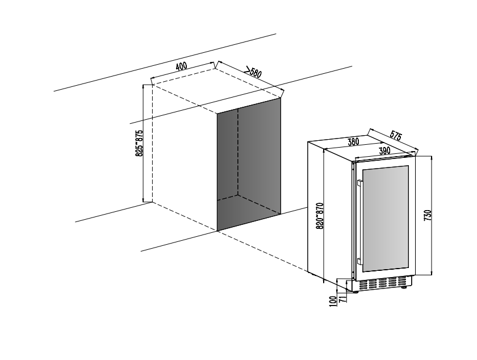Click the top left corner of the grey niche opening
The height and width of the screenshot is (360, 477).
click(217, 114)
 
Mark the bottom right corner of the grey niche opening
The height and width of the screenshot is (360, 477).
click(280, 214)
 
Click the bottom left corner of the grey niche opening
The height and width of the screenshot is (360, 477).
click(217, 231)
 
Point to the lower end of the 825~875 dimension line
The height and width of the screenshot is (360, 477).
click(143, 201)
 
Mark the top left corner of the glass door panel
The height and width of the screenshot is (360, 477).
click(363, 169)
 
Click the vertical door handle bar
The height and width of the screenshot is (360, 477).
click(359, 222)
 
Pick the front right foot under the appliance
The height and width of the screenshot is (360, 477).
click(404, 287)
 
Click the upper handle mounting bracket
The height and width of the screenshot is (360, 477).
click(360, 183)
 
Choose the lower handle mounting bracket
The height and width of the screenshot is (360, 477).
click(360, 261)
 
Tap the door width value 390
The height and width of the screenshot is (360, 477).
click(384, 150)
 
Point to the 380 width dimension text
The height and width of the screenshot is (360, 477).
click(353, 142)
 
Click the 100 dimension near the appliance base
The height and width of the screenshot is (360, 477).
click(333, 301)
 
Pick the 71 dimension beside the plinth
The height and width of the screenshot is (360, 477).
click(342, 299)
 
